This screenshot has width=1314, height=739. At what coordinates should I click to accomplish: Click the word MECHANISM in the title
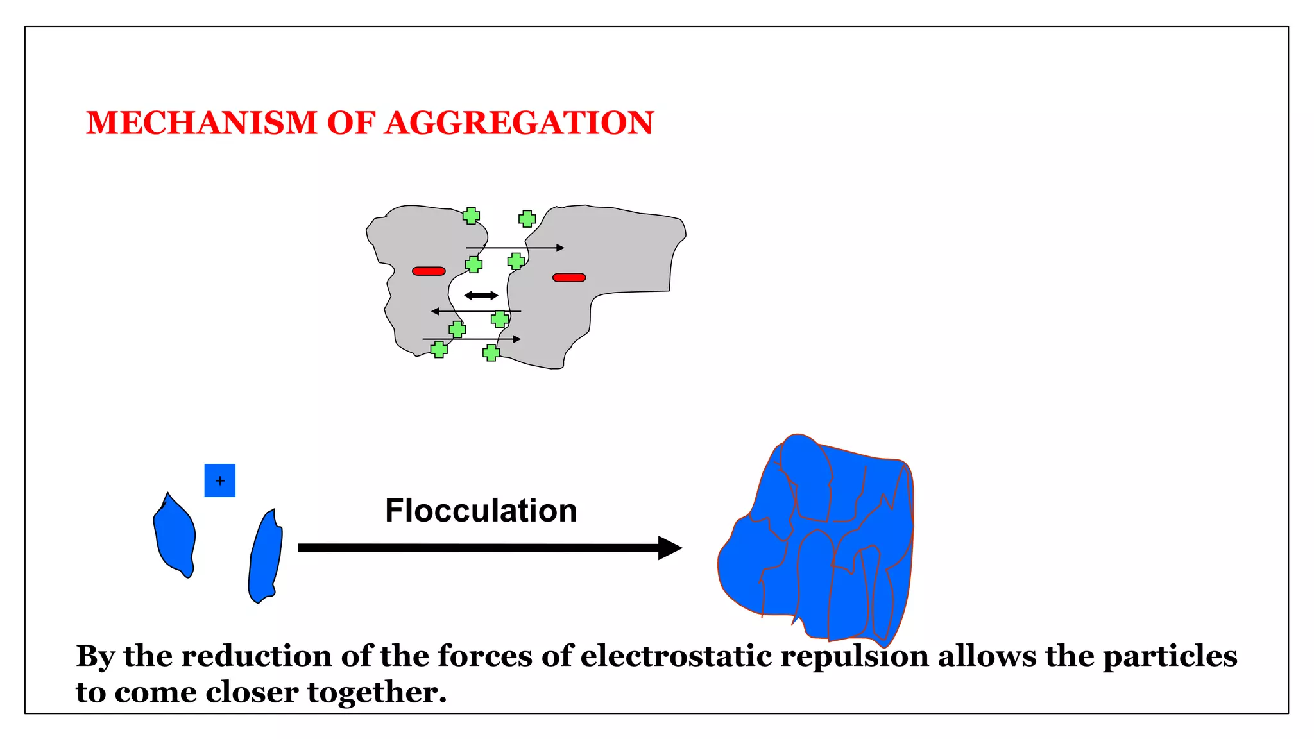[201, 123]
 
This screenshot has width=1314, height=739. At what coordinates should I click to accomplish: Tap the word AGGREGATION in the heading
[519, 123]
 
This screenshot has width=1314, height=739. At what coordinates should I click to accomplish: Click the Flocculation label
[481, 511]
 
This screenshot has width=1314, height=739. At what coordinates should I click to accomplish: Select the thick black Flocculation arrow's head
[669, 548]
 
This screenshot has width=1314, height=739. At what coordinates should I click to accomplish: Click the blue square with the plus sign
[219, 480]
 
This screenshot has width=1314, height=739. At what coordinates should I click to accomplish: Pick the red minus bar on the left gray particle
[429, 271]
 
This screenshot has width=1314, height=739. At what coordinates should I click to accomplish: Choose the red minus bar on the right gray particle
[569, 278]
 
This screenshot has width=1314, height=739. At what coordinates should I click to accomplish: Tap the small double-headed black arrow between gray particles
[481, 296]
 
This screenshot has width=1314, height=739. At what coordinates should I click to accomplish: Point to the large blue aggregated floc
[821, 545]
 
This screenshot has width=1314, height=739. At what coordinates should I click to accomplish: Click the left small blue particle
[175, 536]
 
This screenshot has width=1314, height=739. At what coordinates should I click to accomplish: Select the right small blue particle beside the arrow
[266, 557]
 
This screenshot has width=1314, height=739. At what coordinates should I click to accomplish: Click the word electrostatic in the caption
[676, 656]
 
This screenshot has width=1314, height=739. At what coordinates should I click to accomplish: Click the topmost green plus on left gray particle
[471, 216]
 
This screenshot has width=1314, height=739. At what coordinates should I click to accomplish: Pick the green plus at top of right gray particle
[527, 219]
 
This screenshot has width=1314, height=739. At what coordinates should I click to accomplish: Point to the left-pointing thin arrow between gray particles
[475, 312]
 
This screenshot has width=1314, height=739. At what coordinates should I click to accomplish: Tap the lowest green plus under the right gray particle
[491, 353]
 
